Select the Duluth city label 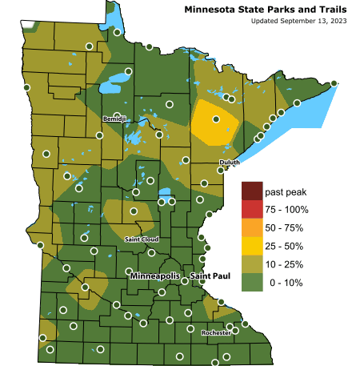click(x=229, y=163)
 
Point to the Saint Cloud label click(x=142, y=239)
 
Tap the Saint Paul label click(x=210, y=276)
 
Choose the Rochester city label click(x=217, y=332)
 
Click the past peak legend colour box click(x=252, y=192)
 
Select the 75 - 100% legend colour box click(x=252, y=210)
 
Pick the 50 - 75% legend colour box click(x=252, y=228)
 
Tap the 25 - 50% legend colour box click(x=252, y=246)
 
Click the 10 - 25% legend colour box click(x=252, y=264)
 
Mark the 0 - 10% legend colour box click(x=252, y=283)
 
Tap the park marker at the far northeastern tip click(x=334, y=83)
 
